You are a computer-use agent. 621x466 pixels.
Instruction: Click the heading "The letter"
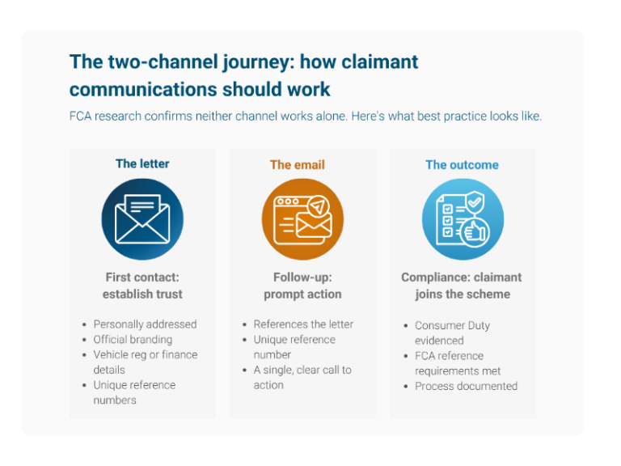142,163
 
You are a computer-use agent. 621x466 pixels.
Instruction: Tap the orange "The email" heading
297,164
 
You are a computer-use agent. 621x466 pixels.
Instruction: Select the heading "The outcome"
462,164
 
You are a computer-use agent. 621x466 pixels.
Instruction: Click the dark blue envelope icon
142,219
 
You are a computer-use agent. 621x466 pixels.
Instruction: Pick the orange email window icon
302,219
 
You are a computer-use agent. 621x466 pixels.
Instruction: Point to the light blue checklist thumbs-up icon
463,219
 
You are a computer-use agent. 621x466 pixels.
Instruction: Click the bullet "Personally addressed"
145,324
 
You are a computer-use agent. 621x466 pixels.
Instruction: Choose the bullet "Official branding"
133,340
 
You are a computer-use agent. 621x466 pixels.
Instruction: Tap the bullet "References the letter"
303,324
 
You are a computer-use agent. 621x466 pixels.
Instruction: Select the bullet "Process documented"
466,386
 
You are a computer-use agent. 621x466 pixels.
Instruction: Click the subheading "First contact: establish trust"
142,285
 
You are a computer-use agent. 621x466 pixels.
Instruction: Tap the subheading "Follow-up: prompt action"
302,285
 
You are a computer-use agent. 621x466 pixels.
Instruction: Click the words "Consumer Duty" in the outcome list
452,325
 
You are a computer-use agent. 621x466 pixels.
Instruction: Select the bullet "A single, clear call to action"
302,377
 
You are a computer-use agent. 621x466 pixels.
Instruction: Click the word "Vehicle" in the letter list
111,354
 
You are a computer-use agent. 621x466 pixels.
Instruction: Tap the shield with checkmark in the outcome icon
475,197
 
